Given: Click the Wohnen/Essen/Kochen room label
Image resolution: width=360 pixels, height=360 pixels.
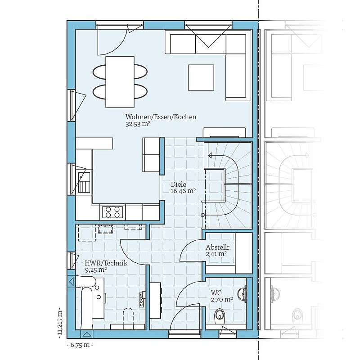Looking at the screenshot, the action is click(161, 117).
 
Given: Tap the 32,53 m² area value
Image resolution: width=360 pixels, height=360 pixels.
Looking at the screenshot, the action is click(138, 125).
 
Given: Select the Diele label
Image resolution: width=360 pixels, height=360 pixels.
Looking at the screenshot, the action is click(178, 184).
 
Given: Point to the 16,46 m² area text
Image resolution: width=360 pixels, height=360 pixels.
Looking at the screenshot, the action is click(183, 191).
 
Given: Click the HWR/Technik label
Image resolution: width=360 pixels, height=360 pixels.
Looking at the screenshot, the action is click(106, 263).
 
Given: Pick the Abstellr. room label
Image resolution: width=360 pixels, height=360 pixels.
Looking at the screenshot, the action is click(218, 247).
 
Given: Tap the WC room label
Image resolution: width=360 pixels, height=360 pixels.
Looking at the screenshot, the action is click(216, 293).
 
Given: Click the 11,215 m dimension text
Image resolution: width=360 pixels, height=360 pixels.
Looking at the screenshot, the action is click(60, 323).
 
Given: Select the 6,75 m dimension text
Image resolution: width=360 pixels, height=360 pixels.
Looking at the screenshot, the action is click(80, 345).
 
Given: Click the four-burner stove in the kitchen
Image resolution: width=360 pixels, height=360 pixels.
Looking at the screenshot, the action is click(112, 212).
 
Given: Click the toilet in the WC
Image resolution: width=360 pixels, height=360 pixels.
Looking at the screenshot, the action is click(220, 314).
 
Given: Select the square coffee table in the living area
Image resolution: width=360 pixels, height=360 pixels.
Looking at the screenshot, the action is click(201, 77).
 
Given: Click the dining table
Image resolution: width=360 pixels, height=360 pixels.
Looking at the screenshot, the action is click(120, 82).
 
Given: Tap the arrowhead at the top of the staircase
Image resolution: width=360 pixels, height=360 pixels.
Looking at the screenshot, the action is click(210, 156).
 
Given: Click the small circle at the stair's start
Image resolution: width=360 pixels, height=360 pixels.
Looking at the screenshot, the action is click(203, 215).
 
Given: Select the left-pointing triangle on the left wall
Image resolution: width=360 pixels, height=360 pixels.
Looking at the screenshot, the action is click(72, 282).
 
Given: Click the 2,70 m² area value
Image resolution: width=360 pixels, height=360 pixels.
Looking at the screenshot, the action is click(222, 300).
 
